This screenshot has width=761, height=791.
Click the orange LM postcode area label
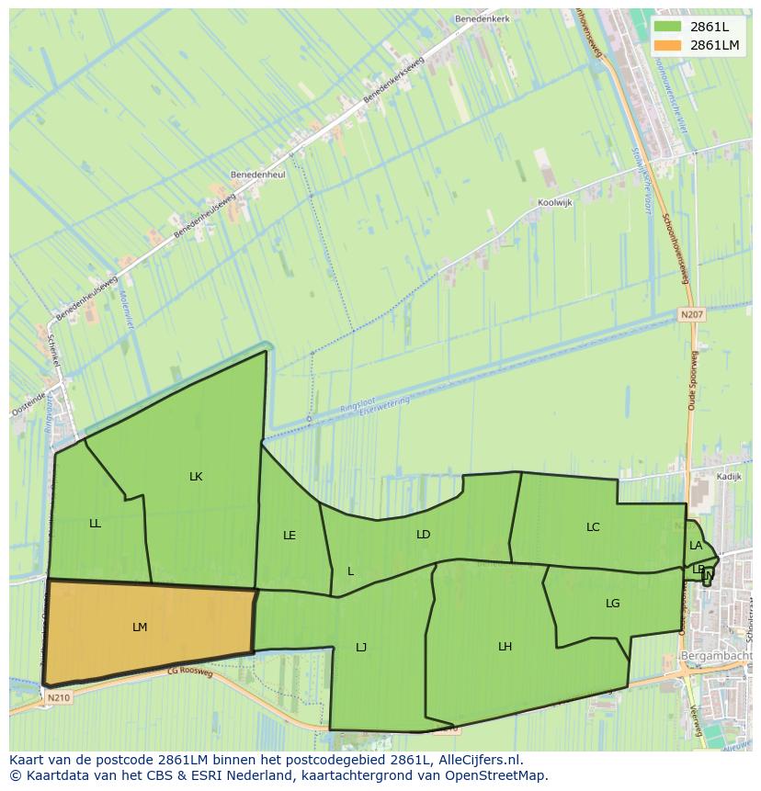(140, 627)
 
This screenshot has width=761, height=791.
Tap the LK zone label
(196, 477)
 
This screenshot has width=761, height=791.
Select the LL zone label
(96, 524)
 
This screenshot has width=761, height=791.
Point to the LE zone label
(290, 536)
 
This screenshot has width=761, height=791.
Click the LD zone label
(423, 535)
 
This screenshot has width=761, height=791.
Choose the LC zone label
(593, 527)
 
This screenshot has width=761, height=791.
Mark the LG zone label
(613, 604)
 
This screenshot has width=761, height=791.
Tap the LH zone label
(505, 647)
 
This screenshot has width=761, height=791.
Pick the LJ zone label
(361, 648)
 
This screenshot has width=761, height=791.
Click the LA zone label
(696, 546)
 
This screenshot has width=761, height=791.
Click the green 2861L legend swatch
(668, 27)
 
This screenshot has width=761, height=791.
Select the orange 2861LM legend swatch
(668, 45)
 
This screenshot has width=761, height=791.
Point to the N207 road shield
(692, 314)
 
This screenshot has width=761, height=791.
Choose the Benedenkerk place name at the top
(481, 18)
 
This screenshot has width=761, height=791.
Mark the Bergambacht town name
(716, 656)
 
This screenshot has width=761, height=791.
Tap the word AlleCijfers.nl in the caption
(477, 761)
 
